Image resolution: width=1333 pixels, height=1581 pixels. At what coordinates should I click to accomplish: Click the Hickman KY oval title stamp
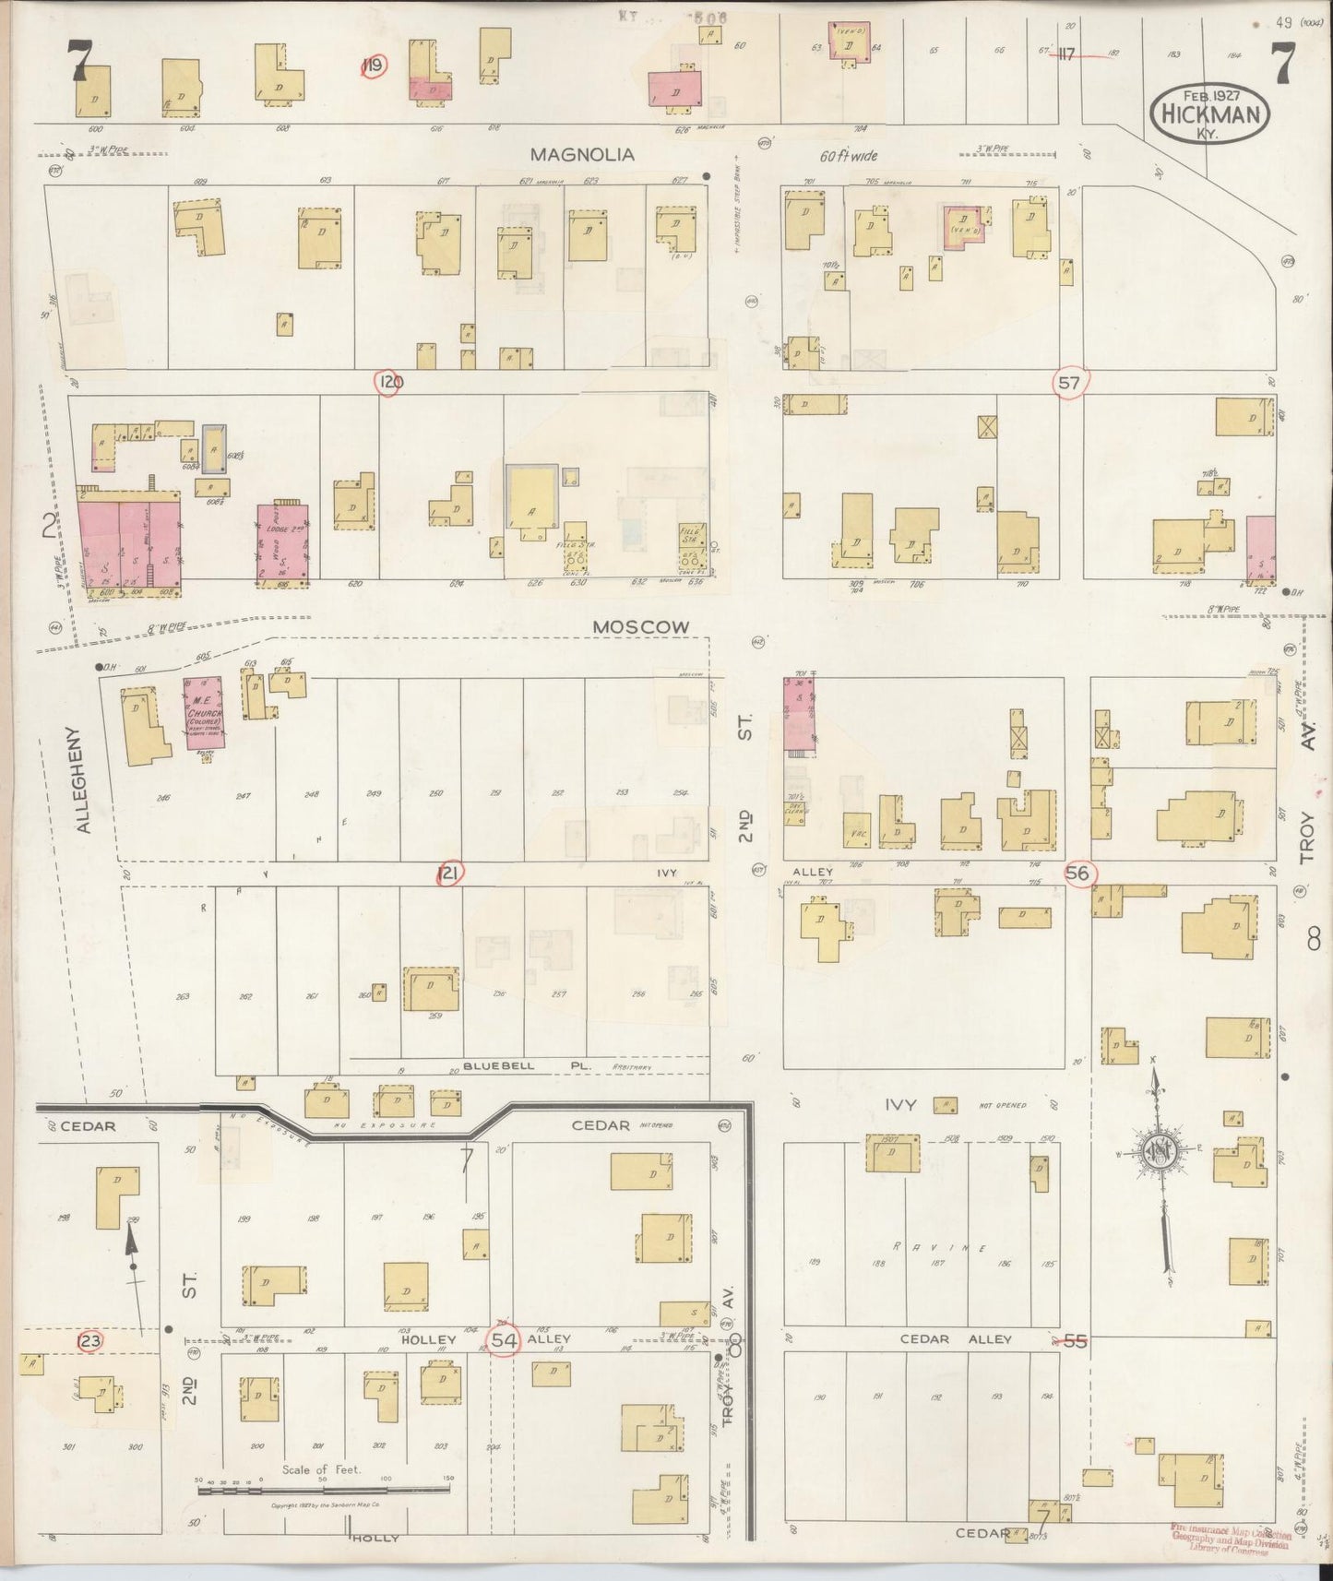tap(1209, 113)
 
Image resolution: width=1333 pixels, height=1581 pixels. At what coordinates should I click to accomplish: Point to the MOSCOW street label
tap(640, 626)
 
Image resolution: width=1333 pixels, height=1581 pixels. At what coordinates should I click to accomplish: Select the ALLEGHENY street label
tap(83, 780)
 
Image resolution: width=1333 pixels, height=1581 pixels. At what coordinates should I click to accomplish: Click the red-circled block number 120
tap(387, 382)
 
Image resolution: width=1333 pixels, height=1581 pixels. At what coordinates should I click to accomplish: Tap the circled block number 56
tap(1078, 873)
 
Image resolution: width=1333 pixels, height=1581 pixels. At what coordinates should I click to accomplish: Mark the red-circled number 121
tap(449, 873)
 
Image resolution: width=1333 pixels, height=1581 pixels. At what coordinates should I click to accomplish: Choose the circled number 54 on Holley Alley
tap(504, 1339)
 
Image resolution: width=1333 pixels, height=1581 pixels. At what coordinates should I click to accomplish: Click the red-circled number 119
tap(374, 65)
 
